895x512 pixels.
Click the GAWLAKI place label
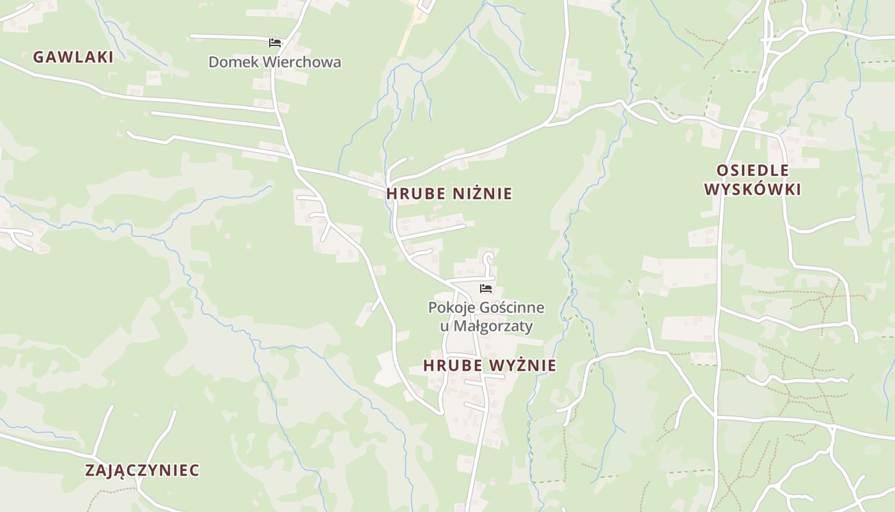[x=73, y=57]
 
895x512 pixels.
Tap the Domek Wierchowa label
[x=274, y=62]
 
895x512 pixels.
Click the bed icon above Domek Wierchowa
[x=275, y=43]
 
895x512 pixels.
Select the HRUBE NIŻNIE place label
[x=449, y=193]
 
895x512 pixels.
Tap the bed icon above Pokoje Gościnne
[x=486, y=289]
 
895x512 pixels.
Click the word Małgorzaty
[x=493, y=326]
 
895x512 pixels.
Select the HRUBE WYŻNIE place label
[x=489, y=365]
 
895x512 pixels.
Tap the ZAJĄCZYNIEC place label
[x=142, y=470]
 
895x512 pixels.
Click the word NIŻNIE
[x=483, y=193]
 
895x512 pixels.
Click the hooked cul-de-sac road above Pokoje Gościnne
[x=489, y=258]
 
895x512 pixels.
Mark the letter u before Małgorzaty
[x=444, y=326]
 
